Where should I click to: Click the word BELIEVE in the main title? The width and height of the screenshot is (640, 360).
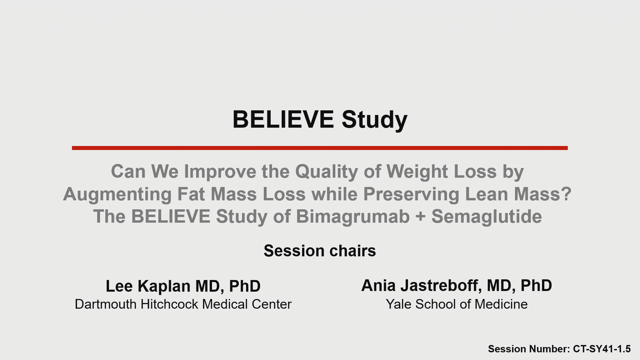tap(283, 119)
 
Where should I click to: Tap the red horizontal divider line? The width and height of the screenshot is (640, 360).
tap(320, 148)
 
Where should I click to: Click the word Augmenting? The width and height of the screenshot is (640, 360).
tap(117, 195)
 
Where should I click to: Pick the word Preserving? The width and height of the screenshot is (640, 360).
tap(411, 195)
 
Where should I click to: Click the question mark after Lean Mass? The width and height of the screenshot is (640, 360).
tap(566, 194)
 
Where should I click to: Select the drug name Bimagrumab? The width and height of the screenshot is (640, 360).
tap(353, 217)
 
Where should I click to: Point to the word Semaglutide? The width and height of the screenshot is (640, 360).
tap(487, 217)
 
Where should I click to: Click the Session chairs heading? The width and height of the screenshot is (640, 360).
tap(320, 251)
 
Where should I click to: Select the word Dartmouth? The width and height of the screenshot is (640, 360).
tap(106, 304)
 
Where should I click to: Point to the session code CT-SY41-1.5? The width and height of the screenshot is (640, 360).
tap(602, 349)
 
